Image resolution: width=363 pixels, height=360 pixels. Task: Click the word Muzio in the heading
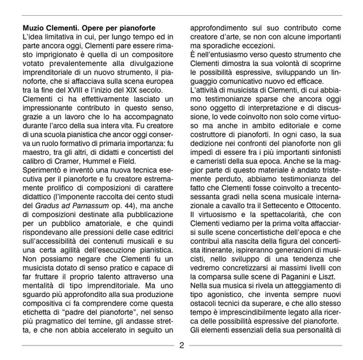tap(34, 28)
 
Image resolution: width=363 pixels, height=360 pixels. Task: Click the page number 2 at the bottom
tap(181, 346)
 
